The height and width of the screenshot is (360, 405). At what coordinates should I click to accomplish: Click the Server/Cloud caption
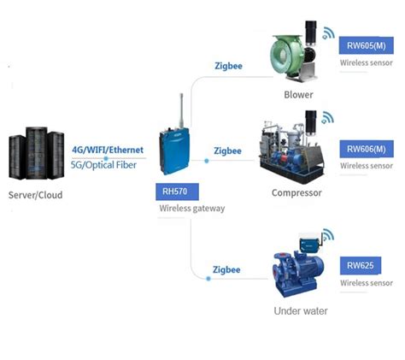35,195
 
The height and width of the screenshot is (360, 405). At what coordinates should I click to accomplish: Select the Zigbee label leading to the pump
226,269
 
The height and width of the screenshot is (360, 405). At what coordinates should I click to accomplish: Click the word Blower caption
298,95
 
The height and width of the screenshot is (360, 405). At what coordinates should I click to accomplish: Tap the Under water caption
300,310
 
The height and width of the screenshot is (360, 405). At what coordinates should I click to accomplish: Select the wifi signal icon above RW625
328,235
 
